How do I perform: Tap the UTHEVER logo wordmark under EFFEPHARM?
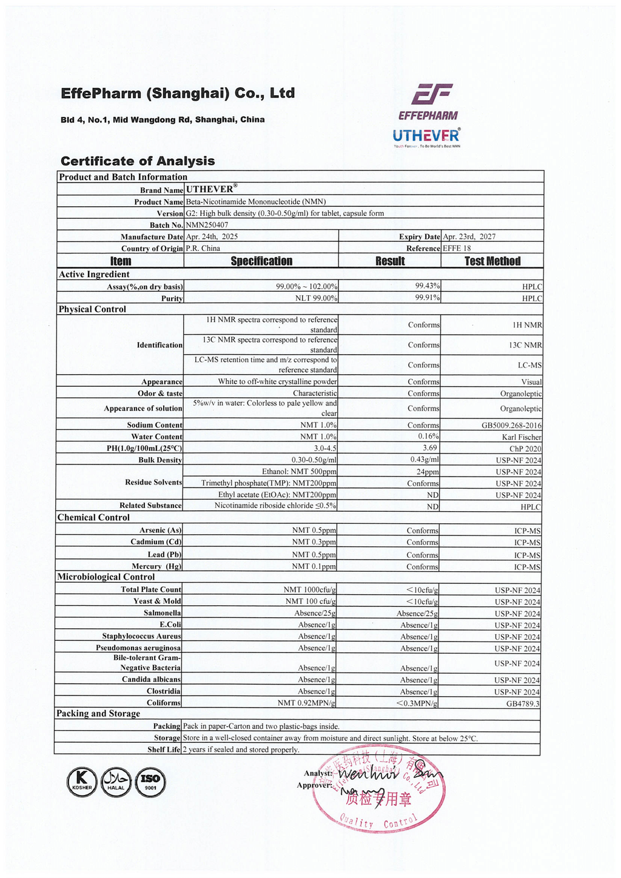tap(426, 135)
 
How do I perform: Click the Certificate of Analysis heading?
tap(138, 161)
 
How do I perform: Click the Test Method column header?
tap(492, 261)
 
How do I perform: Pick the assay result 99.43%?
tap(428, 286)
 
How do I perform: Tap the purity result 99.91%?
tap(428, 298)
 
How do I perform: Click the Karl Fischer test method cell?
tap(522, 437)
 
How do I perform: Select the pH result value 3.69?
tap(430, 448)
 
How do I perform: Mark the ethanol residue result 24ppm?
tap(428, 472)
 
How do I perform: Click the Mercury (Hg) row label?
tap(156, 566)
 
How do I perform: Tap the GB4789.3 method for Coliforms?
tap(523, 703)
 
